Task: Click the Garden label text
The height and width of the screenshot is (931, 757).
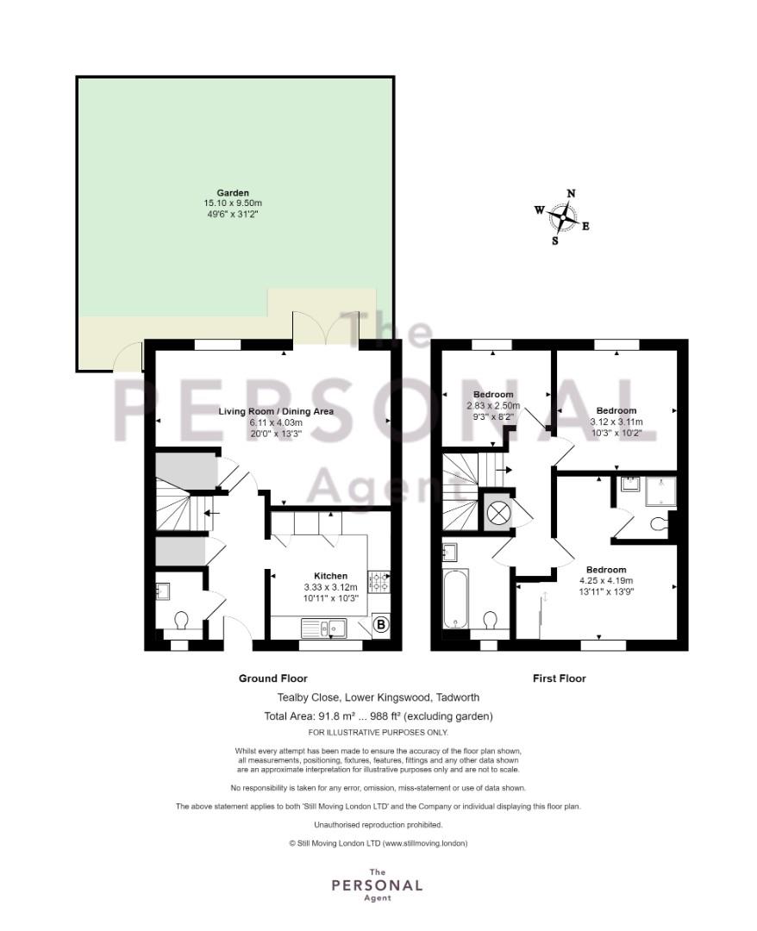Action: click(x=233, y=192)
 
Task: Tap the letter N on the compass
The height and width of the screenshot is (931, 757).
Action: click(x=571, y=193)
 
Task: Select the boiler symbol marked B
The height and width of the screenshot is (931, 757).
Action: click(x=381, y=625)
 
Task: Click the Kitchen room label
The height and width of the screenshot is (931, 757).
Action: click(x=331, y=575)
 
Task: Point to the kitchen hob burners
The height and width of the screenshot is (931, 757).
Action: click(x=378, y=581)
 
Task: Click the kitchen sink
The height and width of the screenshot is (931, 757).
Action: click(x=323, y=628)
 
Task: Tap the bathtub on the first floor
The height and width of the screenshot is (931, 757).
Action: click(x=456, y=598)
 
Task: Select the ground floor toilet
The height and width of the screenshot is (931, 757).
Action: click(x=181, y=621)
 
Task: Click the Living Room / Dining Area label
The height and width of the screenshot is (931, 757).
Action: click(x=276, y=411)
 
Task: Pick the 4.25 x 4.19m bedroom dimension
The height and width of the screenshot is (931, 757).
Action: click(x=606, y=581)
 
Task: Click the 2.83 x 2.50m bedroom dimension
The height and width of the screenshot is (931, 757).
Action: click(x=493, y=405)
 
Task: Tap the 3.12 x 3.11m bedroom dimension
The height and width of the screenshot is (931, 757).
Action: click(x=616, y=422)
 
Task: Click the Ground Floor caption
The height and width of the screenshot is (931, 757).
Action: click(x=273, y=678)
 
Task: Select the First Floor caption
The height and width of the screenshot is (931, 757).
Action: click(x=560, y=678)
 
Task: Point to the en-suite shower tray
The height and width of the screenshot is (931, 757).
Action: click(x=660, y=491)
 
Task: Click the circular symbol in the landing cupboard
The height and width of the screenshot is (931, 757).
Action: click(x=497, y=511)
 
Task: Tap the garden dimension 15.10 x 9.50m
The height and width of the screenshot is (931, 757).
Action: click(x=233, y=203)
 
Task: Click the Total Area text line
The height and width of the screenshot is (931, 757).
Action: click(x=378, y=716)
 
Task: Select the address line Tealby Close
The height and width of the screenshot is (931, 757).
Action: click(x=378, y=697)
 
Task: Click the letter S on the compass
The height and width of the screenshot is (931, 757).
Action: click(x=555, y=241)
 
